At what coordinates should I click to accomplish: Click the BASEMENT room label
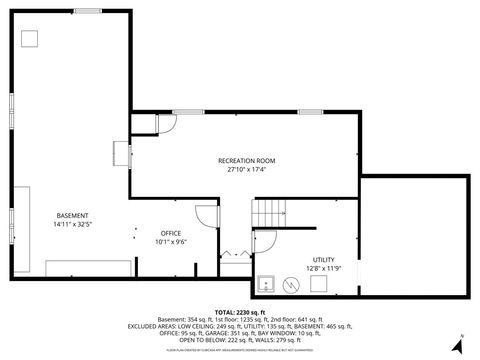[x=72, y=216]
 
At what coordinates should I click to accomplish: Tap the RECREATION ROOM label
[x=246, y=160]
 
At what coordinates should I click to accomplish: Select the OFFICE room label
[x=171, y=233]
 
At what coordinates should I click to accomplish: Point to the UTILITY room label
[x=323, y=259]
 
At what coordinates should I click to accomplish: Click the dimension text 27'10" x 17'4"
[x=246, y=169]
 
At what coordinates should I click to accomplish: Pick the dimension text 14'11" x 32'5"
[x=72, y=225]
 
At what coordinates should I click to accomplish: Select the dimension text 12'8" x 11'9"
[x=323, y=268]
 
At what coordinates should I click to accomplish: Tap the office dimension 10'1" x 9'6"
[x=171, y=242]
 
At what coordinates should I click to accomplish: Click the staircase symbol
[x=269, y=212]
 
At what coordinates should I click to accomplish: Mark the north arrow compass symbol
[x=456, y=345]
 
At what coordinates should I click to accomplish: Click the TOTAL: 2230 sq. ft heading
[x=239, y=313]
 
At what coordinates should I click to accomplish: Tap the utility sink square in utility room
[x=266, y=284]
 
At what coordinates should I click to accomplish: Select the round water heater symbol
[x=290, y=284]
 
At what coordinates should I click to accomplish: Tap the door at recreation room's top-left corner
[x=166, y=121]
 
